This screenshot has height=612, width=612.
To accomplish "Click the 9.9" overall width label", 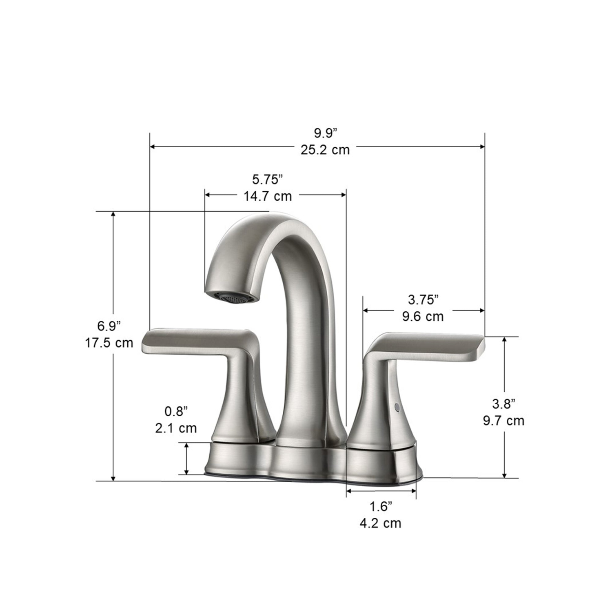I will click(325, 133).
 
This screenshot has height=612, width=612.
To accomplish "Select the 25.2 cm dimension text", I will click(325, 150).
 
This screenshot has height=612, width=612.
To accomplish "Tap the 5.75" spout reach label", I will click(268, 180).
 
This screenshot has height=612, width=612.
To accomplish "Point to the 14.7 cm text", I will click(268, 196).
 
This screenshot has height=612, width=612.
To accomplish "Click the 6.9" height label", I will click(109, 326).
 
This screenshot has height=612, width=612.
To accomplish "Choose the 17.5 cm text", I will click(109, 343).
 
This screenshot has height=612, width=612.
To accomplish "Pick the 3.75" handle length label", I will click(423, 299).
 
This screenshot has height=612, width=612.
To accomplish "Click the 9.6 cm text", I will click(423, 316).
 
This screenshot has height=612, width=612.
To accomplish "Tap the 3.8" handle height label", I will click(503, 404).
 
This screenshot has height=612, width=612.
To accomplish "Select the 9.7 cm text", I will click(503, 421).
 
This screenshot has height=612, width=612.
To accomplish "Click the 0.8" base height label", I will click(176, 411).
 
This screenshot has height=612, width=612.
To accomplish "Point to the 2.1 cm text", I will click(176, 428).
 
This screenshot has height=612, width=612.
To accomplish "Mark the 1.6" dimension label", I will click(380, 506).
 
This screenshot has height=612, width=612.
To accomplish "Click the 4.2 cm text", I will click(380, 523).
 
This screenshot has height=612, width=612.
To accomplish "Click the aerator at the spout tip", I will click(234, 298).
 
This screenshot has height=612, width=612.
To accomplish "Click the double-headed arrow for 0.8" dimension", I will click(187, 459).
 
